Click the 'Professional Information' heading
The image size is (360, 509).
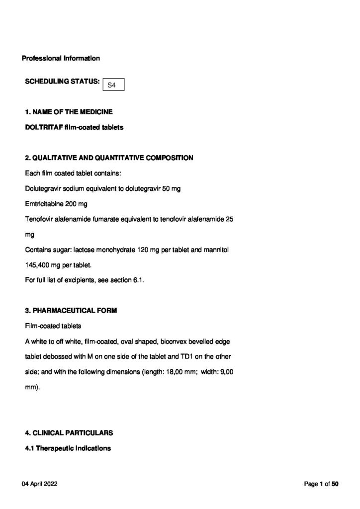[61, 59]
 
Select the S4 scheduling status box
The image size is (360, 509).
[112, 85]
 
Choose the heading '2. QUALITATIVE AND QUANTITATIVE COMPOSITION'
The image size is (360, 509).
[109, 158]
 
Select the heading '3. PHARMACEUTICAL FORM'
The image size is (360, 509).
[71, 312]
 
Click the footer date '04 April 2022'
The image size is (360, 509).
[40, 484]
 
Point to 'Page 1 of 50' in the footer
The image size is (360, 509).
[321, 484]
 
